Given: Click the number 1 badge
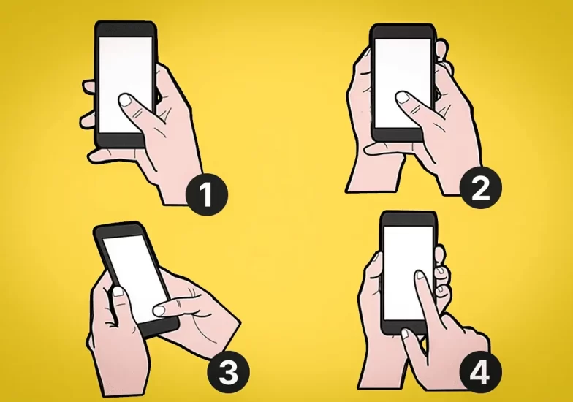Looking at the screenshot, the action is (x=207, y=194).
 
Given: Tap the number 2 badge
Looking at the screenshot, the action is (x=481, y=188).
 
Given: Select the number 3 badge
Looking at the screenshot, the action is (x=228, y=373).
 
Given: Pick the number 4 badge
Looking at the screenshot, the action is (x=480, y=373).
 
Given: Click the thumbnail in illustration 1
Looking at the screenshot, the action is (x=126, y=99).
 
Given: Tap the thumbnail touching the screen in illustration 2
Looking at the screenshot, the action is (x=403, y=97).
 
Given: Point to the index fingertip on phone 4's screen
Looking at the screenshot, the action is (x=420, y=275).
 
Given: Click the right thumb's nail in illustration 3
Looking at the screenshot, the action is (x=159, y=311).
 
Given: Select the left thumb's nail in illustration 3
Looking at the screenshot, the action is (x=118, y=292).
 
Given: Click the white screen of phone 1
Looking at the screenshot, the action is (x=126, y=85).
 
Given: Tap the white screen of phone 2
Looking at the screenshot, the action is (x=403, y=83).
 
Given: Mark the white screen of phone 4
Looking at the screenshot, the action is (x=408, y=273).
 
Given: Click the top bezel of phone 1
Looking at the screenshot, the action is (x=126, y=29).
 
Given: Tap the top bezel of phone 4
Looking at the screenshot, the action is (x=408, y=219).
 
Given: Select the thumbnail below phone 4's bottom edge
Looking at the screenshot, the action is (x=406, y=335).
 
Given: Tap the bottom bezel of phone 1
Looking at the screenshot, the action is (x=121, y=140).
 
